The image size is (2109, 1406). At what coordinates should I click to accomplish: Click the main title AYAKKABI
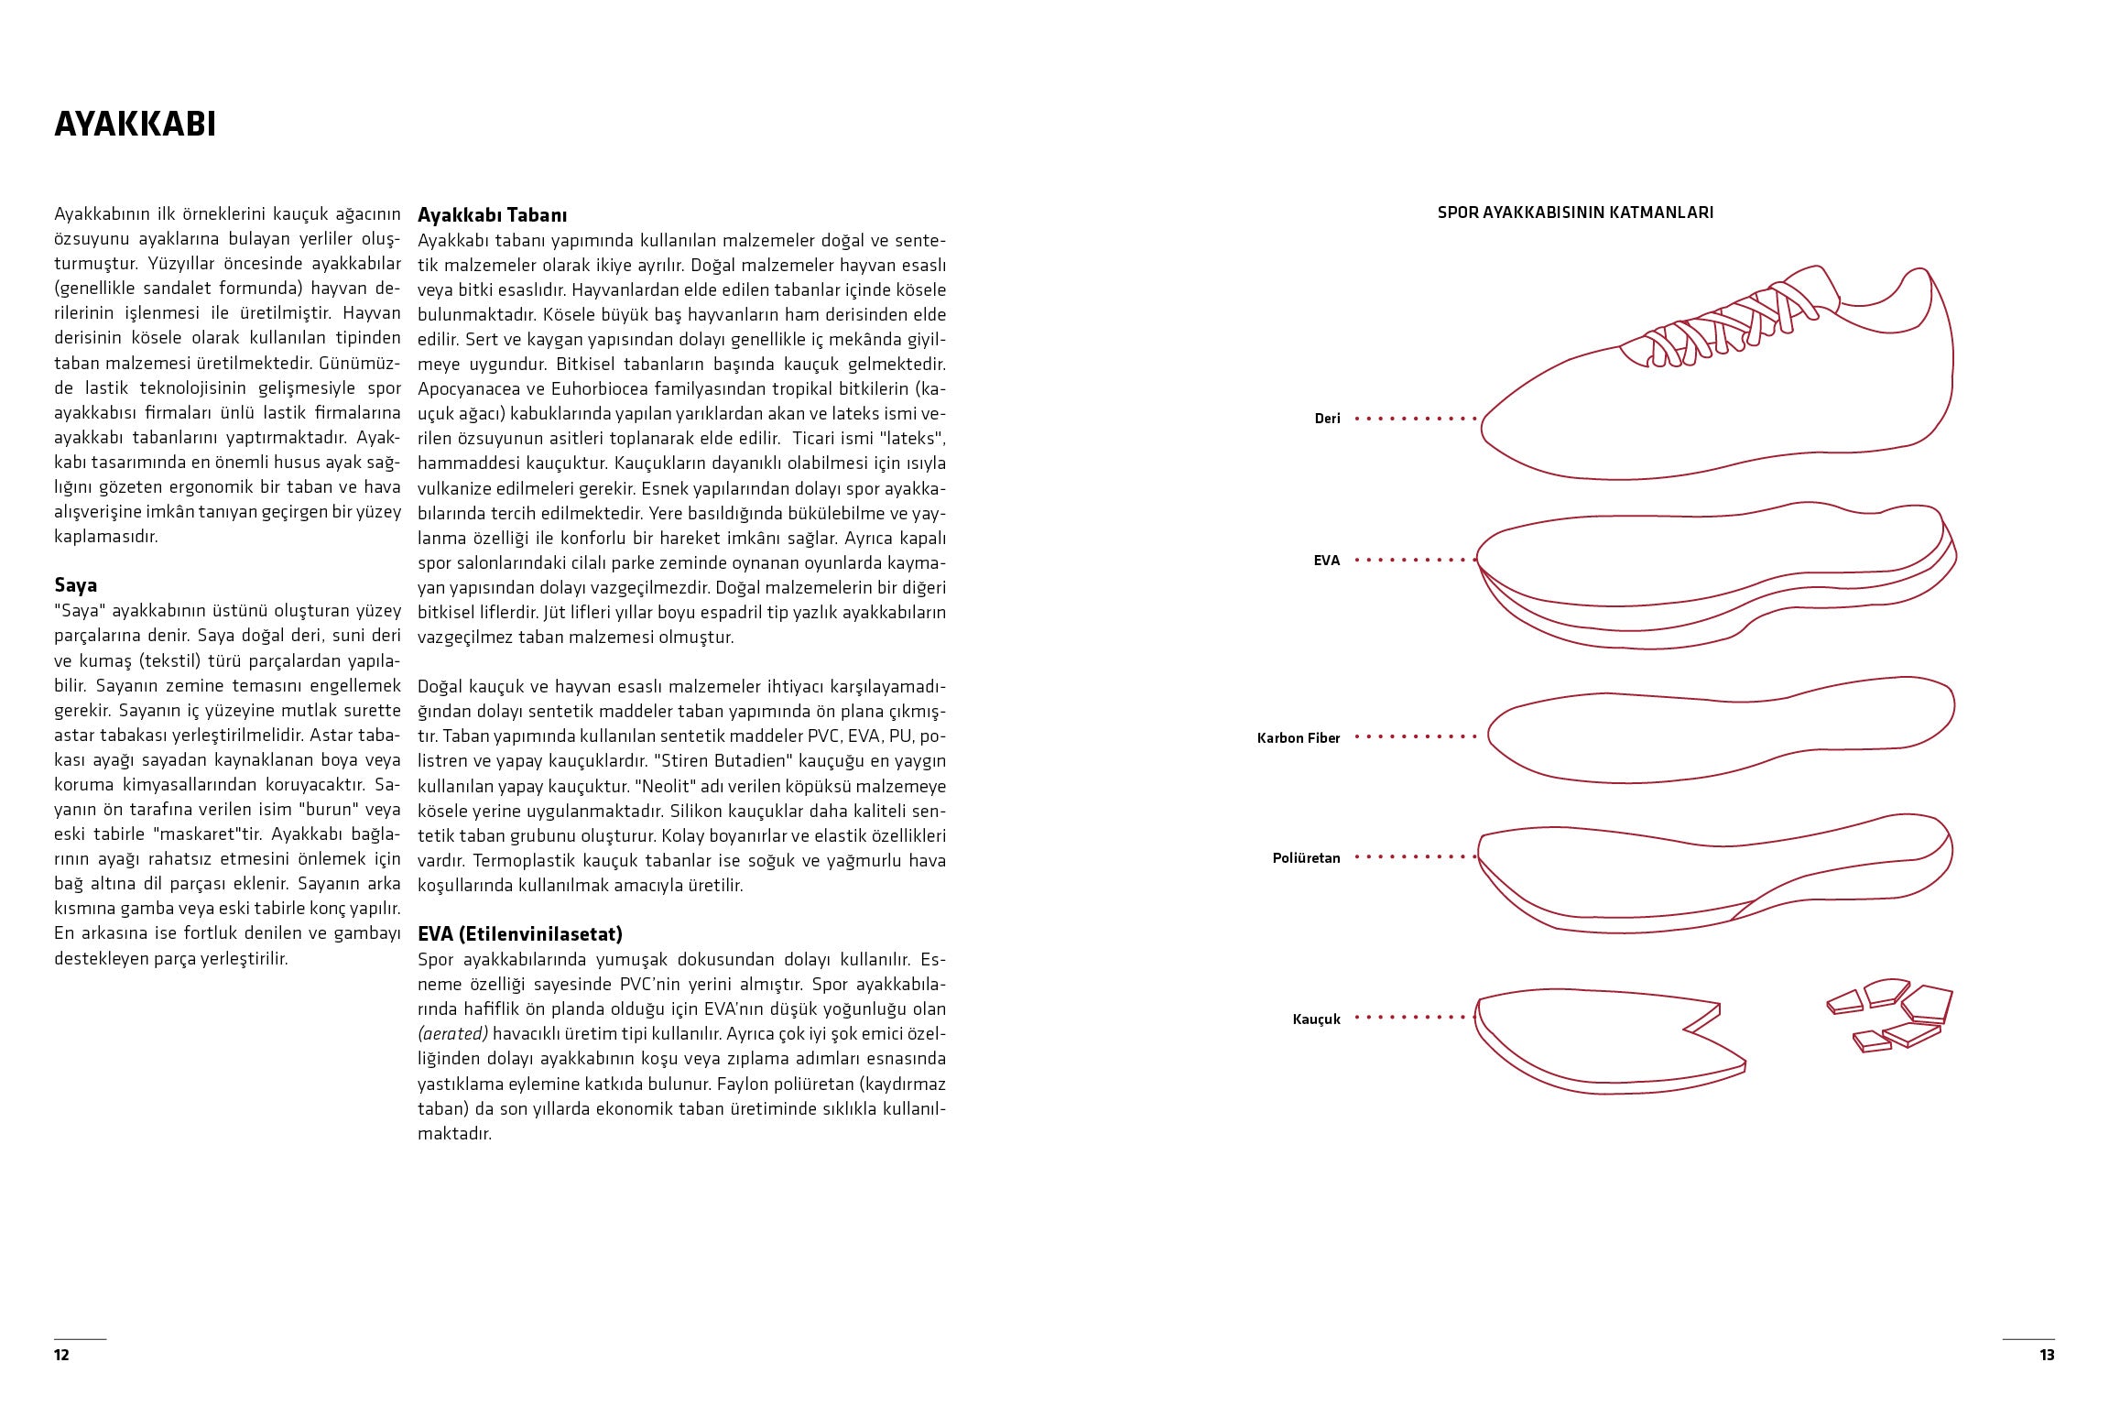click(x=135, y=125)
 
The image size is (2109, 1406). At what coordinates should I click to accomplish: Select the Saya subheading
click(x=75, y=585)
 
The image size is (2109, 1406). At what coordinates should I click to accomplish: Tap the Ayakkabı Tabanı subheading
click(x=492, y=215)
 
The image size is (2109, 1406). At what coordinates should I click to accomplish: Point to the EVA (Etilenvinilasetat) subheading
click(x=519, y=934)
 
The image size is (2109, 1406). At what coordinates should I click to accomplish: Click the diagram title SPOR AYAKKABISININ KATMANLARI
click(x=1575, y=213)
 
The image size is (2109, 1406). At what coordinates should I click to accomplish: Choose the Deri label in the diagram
click(x=1327, y=419)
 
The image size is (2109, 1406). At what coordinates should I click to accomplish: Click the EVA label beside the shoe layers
click(x=1326, y=561)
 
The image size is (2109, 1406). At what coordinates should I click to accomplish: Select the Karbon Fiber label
click(x=1298, y=738)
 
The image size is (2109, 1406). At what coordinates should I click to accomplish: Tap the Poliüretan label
click(x=1306, y=858)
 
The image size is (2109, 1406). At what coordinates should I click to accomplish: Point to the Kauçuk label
click(x=1316, y=1019)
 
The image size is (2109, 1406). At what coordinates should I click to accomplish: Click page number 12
click(x=61, y=1355)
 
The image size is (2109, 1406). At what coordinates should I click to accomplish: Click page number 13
click(x=2047, y=1355)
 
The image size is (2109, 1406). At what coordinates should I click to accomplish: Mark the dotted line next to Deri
click(x=1415, y=419)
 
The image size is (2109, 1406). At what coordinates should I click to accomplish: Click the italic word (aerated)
click(x=452, y=1034)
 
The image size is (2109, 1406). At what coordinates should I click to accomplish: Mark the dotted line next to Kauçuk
click(x=1415, y=1018)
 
